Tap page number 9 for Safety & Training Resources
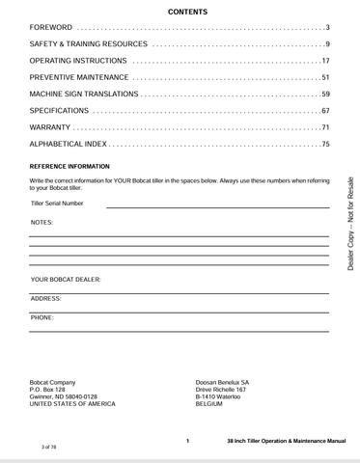click(328, 45)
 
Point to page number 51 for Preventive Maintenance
click(325, 77)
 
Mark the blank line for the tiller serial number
click(217, 206)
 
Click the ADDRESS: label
click(46, 299)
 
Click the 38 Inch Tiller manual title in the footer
click(280, 440)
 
